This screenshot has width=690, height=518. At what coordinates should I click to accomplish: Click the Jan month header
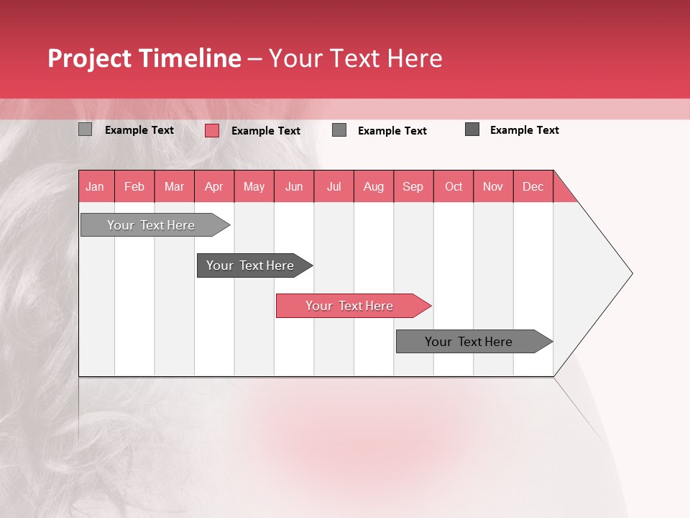(x=96, y=186)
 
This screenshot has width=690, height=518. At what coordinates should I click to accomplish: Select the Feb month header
(x=134, y=186)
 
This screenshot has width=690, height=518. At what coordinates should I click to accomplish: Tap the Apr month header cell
(x=214, y=186)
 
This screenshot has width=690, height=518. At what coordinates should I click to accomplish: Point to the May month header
(x=254, y=186)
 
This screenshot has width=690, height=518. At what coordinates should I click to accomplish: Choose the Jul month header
(x=333, y=186)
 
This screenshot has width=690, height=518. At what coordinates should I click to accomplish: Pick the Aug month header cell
(x=374, y=186)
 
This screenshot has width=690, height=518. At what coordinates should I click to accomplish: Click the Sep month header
(x=413, y=186)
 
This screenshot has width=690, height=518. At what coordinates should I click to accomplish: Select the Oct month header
(x=454, y=186)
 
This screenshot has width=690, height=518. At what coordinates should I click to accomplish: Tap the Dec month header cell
(x=533, y=186)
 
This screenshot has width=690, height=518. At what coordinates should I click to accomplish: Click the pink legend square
(x=212, y=130)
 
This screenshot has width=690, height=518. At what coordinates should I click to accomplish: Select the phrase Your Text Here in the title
(x=355, y=58)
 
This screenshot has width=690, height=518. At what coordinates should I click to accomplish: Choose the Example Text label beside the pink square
(x=266, y=131)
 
